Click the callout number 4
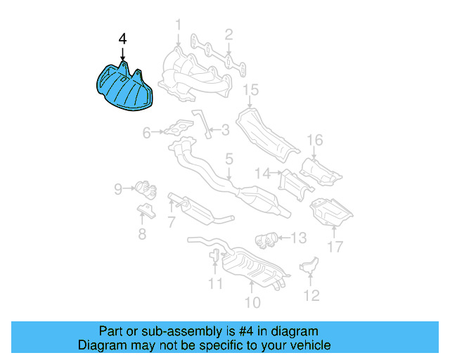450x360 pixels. tap(123, 40)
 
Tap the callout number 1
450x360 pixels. tap(178, 25)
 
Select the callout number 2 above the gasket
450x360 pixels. tap(229, 34)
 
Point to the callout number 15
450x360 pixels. tap(251, 89)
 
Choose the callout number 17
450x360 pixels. tap(335, 247)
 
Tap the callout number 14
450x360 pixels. tap(262, 172)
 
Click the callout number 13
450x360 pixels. tap(299, 238)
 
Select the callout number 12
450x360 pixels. tap(311, 295)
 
